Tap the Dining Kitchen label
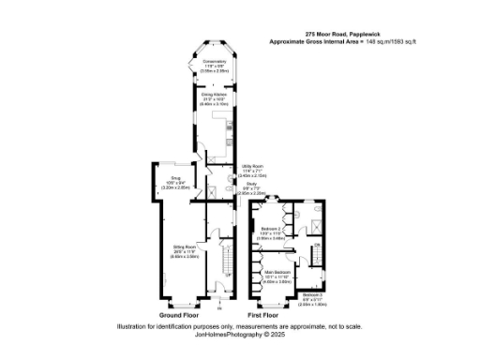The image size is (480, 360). (214, 95)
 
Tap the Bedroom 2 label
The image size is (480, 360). (272, 229)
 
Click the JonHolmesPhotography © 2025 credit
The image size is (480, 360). (240, 334)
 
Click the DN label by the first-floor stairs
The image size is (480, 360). (317, 246)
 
